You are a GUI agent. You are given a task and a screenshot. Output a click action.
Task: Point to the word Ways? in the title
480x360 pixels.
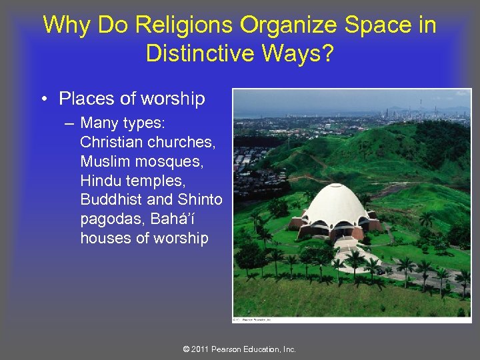[x=303, y=53]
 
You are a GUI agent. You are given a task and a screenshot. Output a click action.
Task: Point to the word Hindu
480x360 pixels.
[x=101, y=181]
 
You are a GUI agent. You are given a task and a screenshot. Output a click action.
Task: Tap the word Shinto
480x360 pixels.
[x=200, y=200]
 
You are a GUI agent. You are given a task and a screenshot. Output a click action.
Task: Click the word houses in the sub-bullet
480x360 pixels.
[x=105, y=238]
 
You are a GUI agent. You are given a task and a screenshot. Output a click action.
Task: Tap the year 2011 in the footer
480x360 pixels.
[x=201, y=349]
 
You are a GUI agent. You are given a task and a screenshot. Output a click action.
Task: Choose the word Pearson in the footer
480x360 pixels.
[x=227, y=349]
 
